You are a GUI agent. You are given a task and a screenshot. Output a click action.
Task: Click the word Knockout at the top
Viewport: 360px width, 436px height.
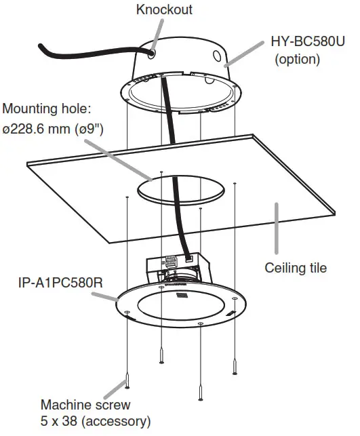click(164, 9)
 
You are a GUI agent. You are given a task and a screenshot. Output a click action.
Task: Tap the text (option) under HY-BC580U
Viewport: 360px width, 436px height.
click(297, 59)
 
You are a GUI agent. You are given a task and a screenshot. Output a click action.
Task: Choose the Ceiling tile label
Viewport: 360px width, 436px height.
click(296, 267)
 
